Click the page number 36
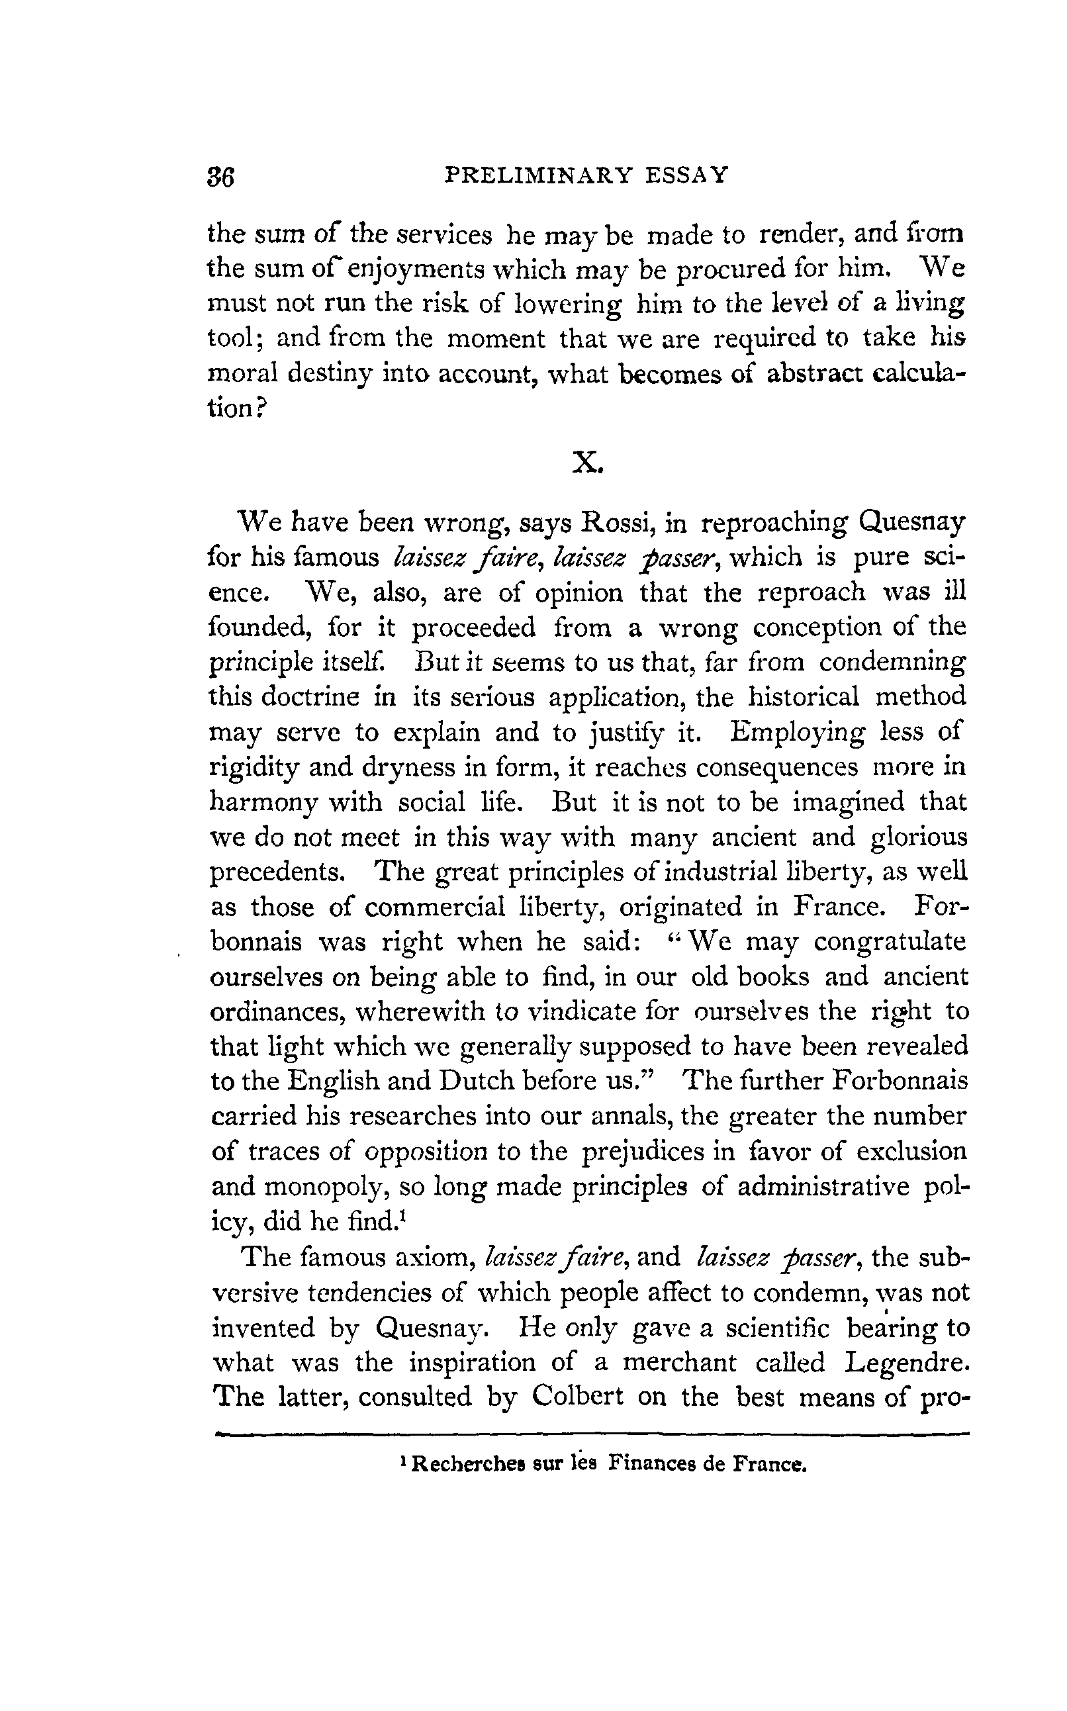pyautogui.click(x=220, y=176)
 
